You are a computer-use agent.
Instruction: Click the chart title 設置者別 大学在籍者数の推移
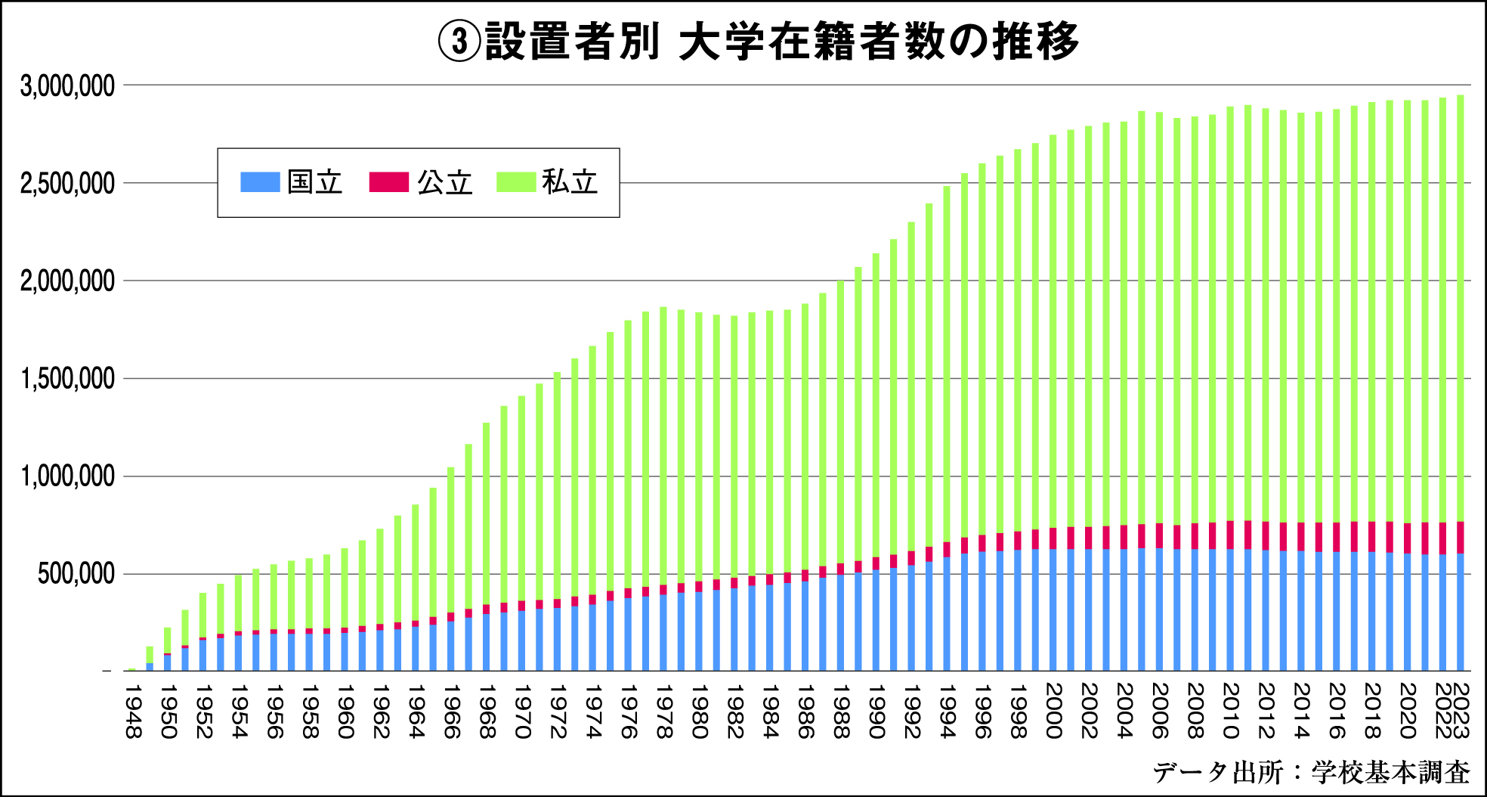[781, 41]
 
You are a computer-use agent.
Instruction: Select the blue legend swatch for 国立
[260, 182]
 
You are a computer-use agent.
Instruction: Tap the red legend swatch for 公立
[388, 182]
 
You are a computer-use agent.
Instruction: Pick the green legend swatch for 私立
[516, 182]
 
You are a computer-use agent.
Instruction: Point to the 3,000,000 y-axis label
[68, 86]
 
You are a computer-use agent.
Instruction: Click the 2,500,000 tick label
[68, 184]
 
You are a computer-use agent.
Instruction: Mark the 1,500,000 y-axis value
[68, 379]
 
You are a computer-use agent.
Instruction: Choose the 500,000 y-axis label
[76, 574]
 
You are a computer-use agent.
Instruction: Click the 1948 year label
[133, 711]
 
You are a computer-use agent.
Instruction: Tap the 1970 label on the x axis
[522, 711]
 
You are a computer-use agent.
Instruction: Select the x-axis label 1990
[876, 711]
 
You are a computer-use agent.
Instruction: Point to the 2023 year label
[1461, 711]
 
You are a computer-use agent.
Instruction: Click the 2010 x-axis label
[1230, 711]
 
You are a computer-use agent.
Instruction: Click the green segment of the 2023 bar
[1461, 302]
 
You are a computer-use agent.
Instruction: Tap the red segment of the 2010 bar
[1230, 535]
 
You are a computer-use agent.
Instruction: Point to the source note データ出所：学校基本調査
[1311, 772]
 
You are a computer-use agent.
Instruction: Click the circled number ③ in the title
[459, 42]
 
